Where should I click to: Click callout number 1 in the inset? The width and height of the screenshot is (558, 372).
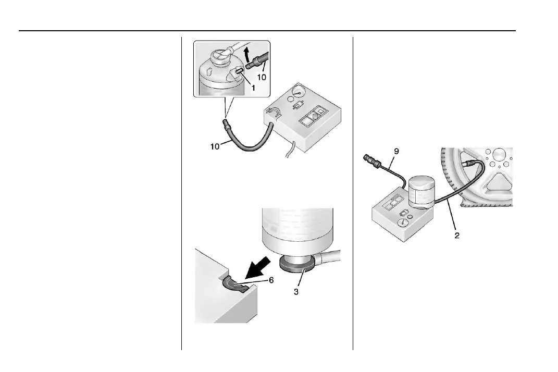tap(254, 89)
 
